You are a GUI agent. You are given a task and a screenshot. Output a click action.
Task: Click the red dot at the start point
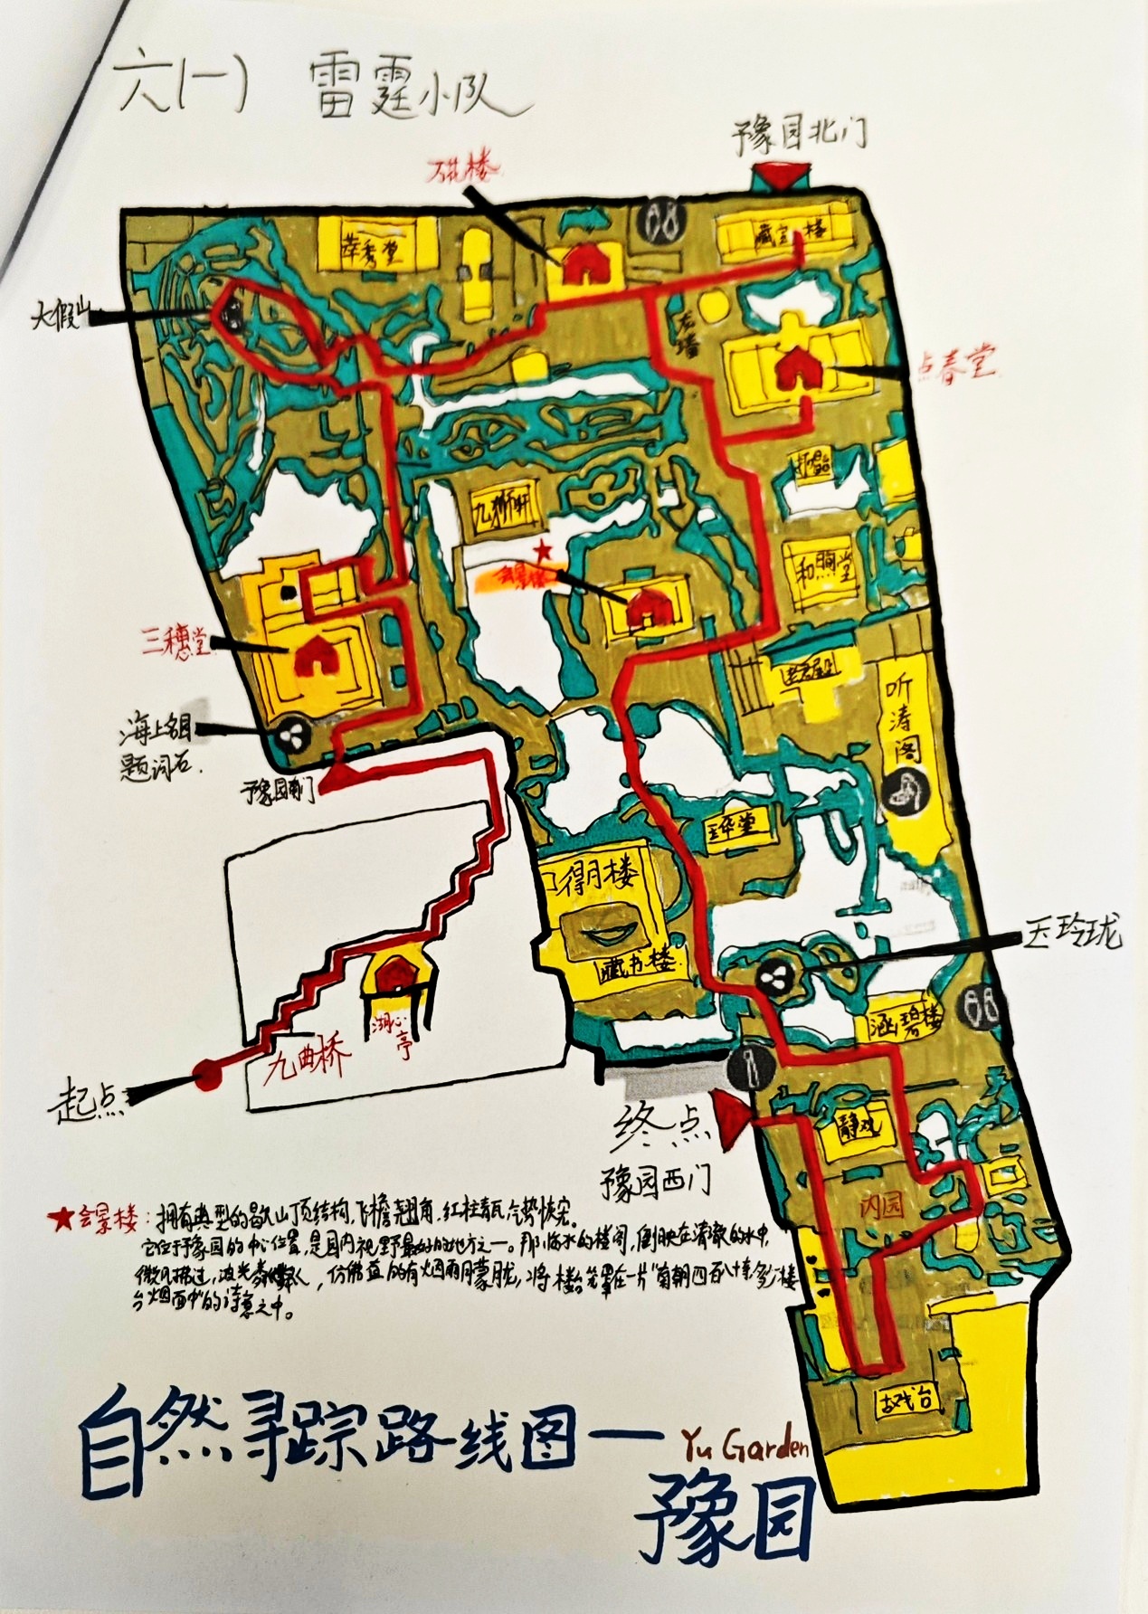207,1077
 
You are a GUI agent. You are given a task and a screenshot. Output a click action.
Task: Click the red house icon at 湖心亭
394,981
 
